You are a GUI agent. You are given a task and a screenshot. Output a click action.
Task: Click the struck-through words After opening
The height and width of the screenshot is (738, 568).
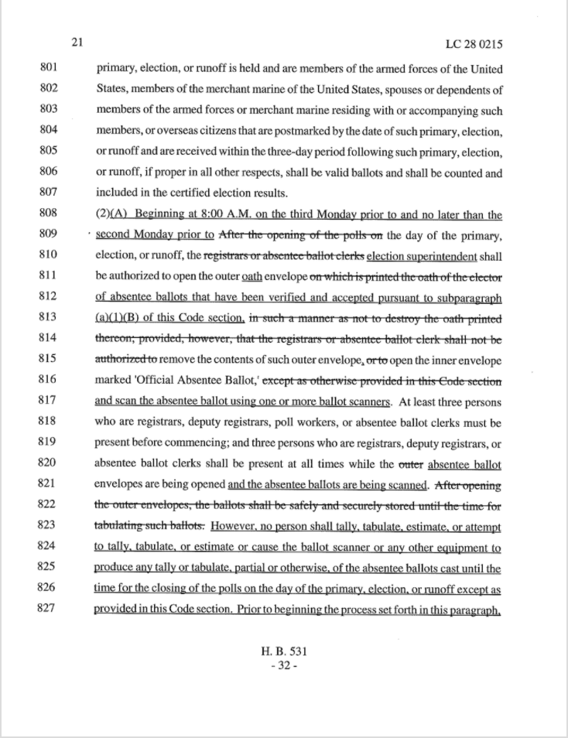pos(469,486)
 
